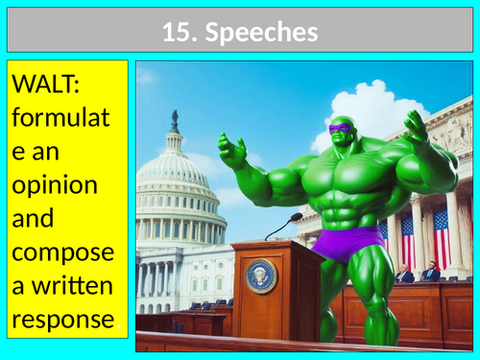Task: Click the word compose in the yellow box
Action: (62, 253)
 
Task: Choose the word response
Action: (61, 316)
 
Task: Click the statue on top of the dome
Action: (175, 121)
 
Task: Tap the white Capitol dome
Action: (175, 178)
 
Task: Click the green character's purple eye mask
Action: (340, 129)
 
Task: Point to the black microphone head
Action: (297, 218)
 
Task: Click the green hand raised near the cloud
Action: (414, 128)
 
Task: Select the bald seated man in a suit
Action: (406, 275)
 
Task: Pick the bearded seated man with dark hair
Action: (435, 272)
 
